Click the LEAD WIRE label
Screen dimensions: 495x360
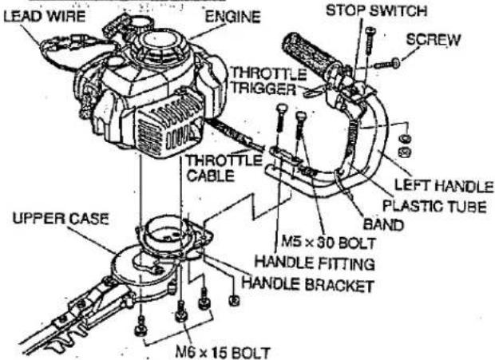44,16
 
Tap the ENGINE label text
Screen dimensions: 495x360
232,17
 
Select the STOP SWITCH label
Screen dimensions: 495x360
376,10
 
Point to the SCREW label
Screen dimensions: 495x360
433,40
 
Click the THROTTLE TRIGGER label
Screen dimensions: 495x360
268,81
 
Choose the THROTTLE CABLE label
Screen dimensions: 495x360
224,168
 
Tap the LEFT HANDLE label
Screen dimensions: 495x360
444,185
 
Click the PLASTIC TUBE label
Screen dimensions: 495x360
434,207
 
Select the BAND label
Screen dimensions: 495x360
383,225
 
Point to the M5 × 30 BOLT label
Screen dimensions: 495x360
328,243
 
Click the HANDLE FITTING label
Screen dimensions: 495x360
315,263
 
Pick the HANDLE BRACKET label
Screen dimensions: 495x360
308,284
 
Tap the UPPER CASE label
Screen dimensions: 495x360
61,219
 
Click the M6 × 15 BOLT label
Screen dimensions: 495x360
223,353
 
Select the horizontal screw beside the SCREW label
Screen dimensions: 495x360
387,64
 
